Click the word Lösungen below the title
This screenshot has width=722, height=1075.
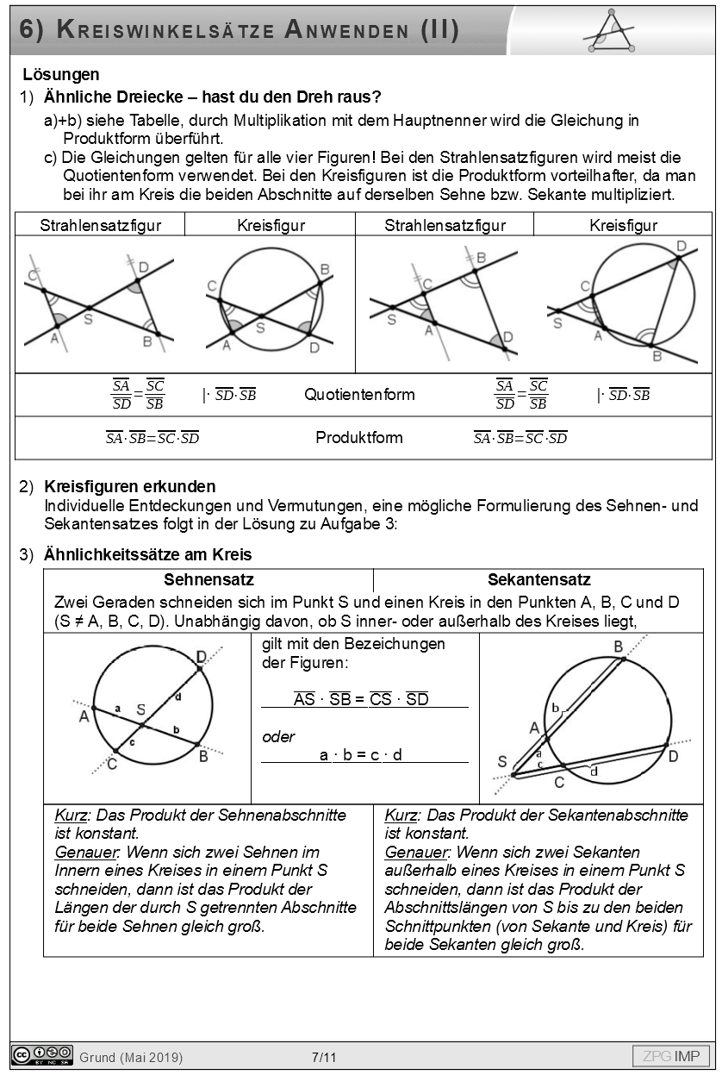61,75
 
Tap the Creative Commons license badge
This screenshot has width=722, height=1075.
41,1055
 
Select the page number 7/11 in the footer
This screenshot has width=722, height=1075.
324,1057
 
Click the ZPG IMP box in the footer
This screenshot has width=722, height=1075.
671,1056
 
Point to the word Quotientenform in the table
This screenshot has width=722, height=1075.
359,395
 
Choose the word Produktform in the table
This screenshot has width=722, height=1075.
358,437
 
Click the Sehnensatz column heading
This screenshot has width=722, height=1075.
209,580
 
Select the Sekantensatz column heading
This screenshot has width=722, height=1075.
539,580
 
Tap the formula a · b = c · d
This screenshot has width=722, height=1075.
361,755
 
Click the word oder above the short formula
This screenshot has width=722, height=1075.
278,737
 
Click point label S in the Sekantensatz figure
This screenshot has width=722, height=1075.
502,761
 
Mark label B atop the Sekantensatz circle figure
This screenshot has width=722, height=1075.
619,647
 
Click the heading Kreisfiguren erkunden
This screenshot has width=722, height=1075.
129,487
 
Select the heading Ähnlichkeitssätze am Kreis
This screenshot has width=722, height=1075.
147,554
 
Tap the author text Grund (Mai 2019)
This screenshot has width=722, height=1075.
131,1057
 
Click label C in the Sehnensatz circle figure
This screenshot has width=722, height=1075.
113,762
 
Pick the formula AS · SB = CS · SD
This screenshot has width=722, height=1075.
361,699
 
